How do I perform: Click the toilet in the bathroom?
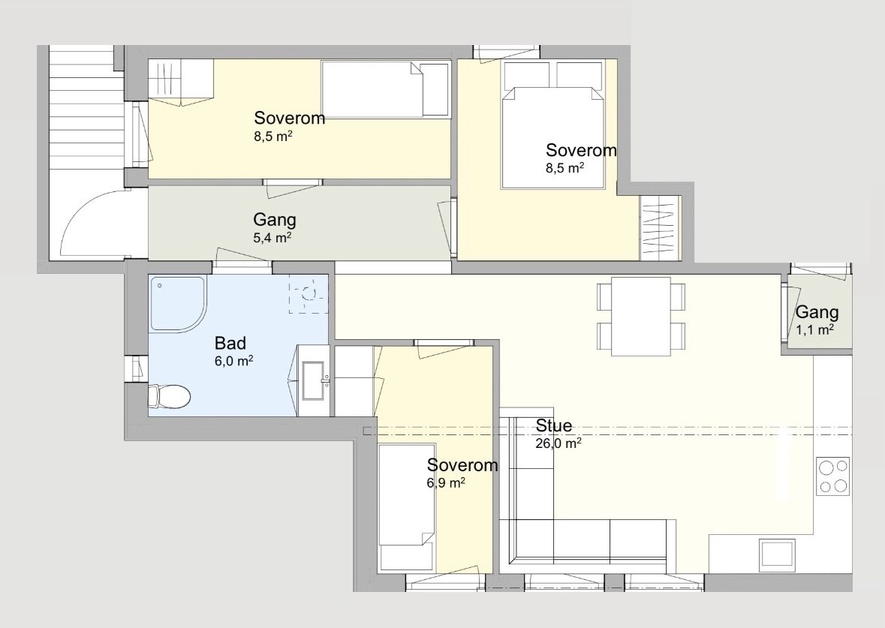169,396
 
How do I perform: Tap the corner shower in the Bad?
177,303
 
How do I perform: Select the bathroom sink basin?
313,380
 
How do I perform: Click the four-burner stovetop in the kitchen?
833,476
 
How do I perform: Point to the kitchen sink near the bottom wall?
777,552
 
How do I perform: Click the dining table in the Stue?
640,316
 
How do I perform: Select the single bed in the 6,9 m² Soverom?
407,506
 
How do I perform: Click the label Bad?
230,343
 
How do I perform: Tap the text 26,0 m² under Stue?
558,443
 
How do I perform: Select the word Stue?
554,425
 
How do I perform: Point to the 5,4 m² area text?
272,238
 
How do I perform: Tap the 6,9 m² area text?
446,482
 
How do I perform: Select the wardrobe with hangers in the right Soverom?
658,228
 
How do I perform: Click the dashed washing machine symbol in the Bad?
309,293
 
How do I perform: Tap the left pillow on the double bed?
527,74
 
